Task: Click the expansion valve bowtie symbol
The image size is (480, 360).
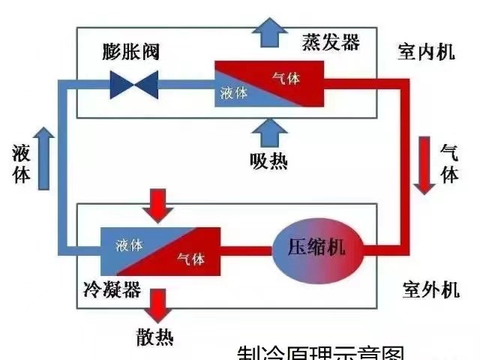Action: (x=134, y=84)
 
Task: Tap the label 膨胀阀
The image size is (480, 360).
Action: (x=132, y=52)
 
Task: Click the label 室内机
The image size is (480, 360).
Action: (x=426, y=52)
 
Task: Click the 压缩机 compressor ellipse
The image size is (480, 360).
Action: (x=316, y=248)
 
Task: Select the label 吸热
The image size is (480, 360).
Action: (x=268, y=160)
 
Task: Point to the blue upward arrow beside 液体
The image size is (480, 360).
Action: (x=43, y=154)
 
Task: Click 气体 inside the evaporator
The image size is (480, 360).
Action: (x=283, y=76)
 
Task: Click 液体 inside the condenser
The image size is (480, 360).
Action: (x=130, y=244)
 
